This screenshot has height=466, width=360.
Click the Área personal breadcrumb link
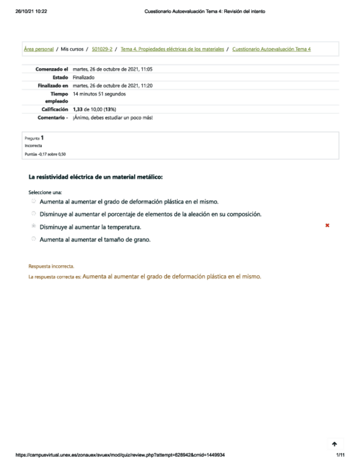click(x=38, y=49)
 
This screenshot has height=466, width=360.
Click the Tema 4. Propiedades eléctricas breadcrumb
click(x=172, y=49)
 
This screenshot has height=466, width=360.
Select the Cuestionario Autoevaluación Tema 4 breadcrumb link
click(x=272, y=49)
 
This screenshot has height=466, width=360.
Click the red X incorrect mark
click(x=328, y=225)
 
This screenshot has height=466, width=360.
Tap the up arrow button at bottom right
click(x=334, y=443)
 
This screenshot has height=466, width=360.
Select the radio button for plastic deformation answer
click(x=34, y=202)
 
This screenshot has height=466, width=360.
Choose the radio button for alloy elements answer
click(x=34, y=214)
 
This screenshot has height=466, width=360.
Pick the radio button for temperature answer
click(x=34, y=226)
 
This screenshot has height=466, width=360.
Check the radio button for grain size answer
click(x=34, y=239)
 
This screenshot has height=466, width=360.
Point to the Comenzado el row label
click(x=52, y=69)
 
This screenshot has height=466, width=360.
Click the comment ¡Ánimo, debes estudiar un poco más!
click(x=112, y=118)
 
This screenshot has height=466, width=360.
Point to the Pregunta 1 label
click(x=35, y=138)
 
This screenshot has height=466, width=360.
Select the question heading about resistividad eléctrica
click(x=96, y=177)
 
